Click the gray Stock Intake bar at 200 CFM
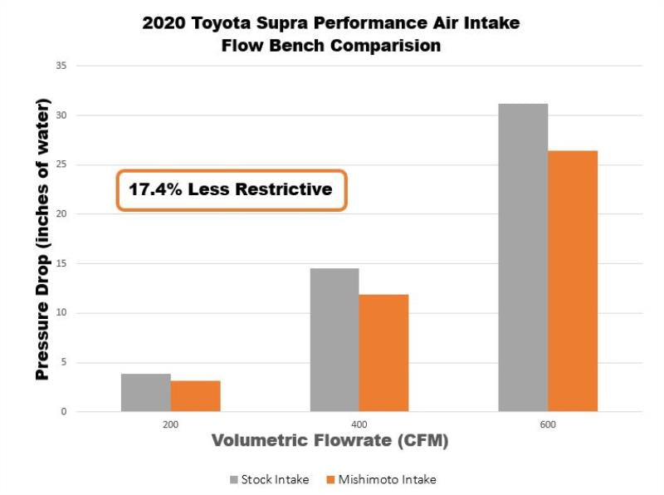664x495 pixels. coord(146,393)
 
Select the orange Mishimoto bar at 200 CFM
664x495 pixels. coord(196,396)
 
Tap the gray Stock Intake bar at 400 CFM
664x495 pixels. coord(334,340)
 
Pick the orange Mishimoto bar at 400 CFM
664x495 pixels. coord(384,353)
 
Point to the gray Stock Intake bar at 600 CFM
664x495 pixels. coord(523,257)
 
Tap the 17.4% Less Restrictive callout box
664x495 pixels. coord(230,190)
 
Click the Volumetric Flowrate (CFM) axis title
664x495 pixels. coord(330,442)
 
